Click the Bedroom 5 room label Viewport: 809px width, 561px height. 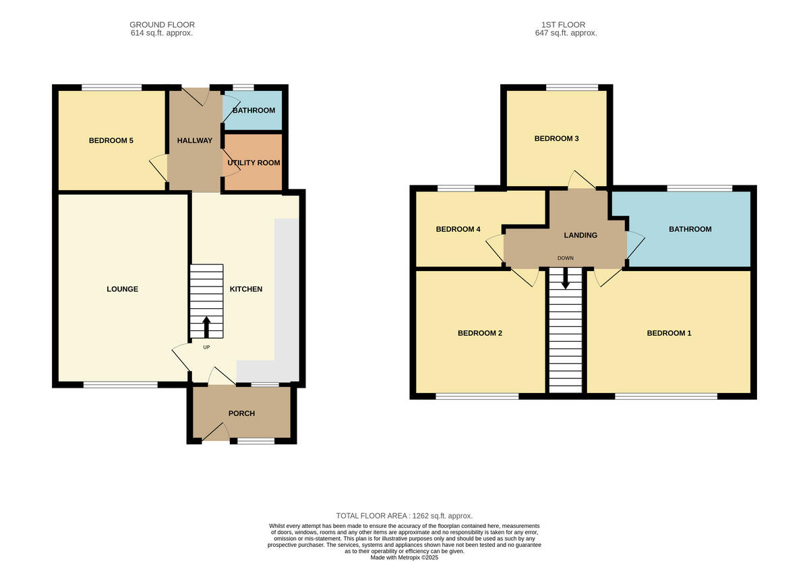[x=111, y=141]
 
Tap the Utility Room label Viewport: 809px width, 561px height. [x=253, y=163]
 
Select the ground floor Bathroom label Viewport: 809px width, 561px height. [x=253, y=111]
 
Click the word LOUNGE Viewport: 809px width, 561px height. [x=122, y=289]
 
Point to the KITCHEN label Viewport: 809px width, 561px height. [x=246, y=289]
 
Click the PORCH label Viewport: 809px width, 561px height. [x=241, y=413]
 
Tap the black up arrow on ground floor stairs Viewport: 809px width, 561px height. [x=206, y=327]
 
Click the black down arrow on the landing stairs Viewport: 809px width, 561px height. [x=565, y=278]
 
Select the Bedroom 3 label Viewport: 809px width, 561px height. [x=556, y=139]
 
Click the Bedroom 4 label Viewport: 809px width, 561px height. [x=458, y=229]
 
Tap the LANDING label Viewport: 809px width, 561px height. [x=580, y=235]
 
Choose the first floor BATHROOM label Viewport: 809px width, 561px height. [x=690, y=229]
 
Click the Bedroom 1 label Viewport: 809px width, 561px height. [x=669, y=333]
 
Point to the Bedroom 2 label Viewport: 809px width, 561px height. [x=480, y=333]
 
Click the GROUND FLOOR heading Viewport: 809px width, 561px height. [x=162, y=25]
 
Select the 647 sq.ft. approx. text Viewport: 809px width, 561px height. [x=566, y=33]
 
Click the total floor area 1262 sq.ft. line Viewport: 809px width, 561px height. [x=404, y=515]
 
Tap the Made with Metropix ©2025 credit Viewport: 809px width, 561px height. [x=404, y=558]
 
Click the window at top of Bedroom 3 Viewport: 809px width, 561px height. [x=572, y=87]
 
